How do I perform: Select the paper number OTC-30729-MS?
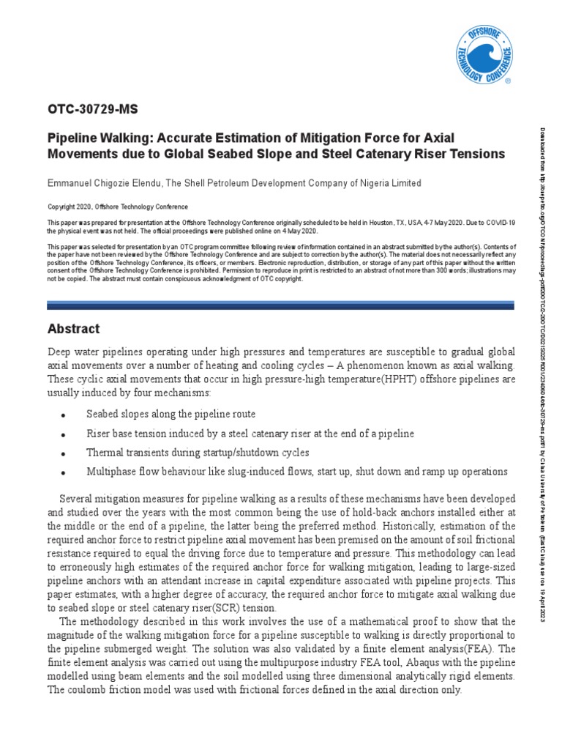click(93, 110)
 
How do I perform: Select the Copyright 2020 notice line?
click(118, 207)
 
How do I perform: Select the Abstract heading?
click(73, 329)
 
